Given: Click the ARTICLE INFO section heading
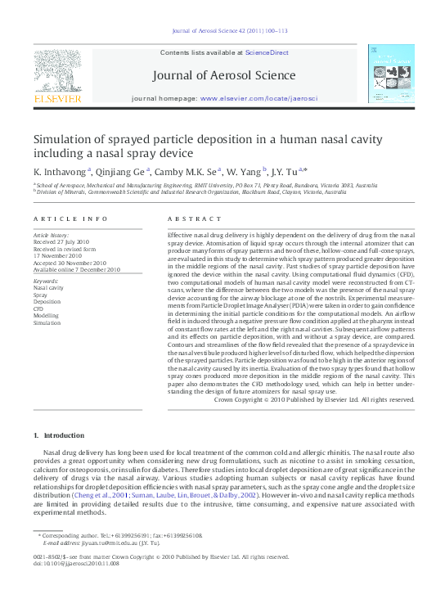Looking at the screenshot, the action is click(x=70, y=218).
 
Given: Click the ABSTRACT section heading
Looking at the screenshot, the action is click(x=190, y=218).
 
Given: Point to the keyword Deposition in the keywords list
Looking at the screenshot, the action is click(x=47, y=302).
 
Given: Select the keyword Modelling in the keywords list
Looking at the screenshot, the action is click(x=47, y=315).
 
